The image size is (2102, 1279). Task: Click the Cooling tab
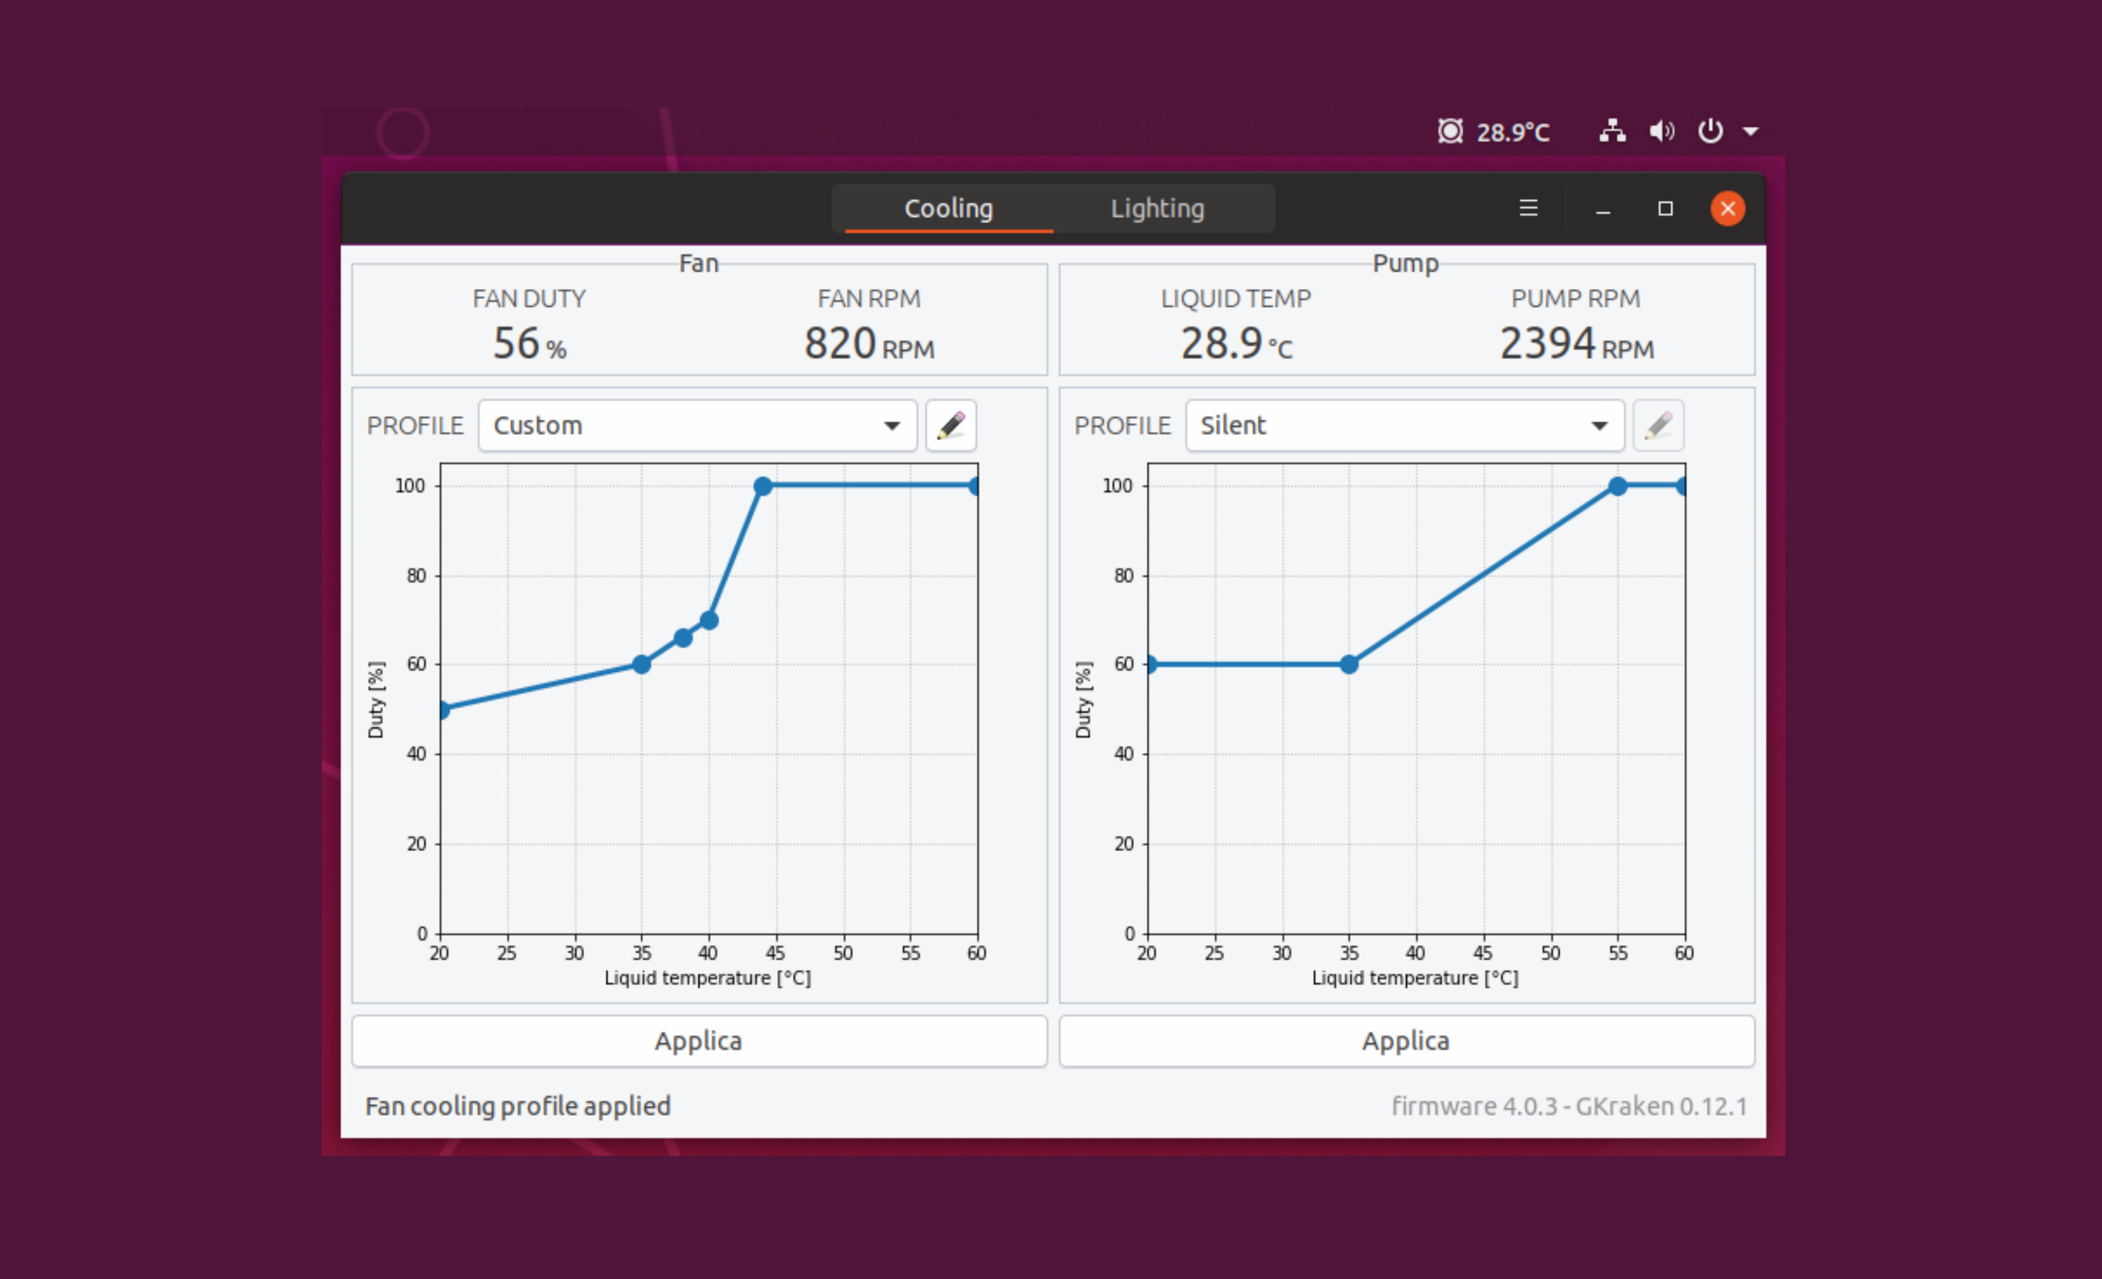949,208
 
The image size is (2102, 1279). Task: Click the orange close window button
1727,208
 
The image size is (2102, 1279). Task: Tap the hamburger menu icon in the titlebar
1528,208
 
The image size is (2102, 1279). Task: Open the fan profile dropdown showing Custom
697,425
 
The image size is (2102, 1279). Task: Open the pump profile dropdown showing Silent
1404,425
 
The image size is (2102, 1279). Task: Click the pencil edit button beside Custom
950,425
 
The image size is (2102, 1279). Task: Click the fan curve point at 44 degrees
763,486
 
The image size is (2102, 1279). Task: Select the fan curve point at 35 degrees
641,664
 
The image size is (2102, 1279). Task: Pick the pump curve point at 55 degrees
1618,486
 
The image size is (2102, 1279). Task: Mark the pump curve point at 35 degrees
1349,664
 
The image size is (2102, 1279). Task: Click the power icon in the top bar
1710,131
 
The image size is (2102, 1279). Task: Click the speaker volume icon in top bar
1661,131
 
